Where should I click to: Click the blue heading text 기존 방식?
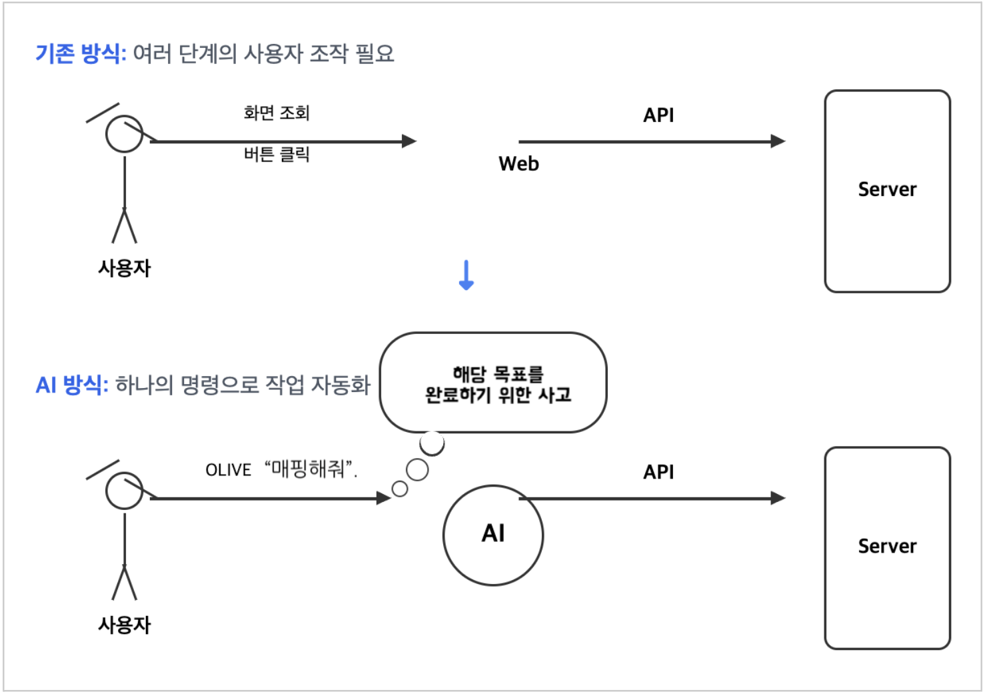[x=81, y=53]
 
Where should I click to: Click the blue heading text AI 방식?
[x=72, y=385]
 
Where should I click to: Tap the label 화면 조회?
[x=277, y=113]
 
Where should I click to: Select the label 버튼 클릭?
[x=277, y=155]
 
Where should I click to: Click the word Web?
[x=518, y=163]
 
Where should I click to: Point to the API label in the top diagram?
[x=658, y=115]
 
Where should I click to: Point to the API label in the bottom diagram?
[x=658, y=472]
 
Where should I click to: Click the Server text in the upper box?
[x=887, y=189]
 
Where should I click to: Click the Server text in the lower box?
[x=887, y=546]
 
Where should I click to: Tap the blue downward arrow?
[x=467, y=275]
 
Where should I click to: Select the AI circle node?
[x=493, y=535]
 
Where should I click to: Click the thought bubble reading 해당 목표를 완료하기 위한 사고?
[x=493, y=383]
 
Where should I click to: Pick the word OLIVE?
[x=229, y=470]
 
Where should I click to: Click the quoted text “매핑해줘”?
[x=311, y=469]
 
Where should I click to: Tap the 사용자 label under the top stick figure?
[x=125, y=268]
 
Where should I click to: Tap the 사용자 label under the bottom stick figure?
[x=125, y=625]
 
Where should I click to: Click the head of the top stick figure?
[x=125, y=134]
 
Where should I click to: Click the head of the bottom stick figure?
[x=125, y=491]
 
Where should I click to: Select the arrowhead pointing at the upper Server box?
[x=778, y=141]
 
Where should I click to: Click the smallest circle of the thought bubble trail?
[x=400, y=489]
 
